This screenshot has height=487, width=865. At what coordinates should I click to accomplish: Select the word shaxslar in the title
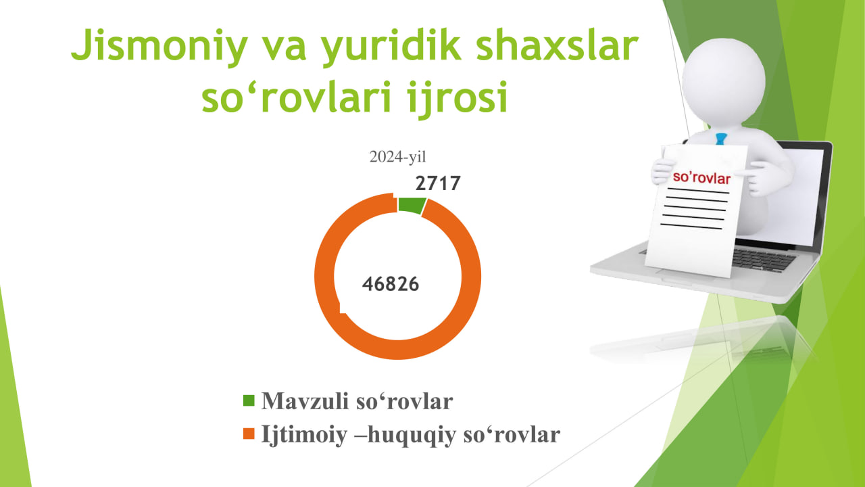pos(558,45)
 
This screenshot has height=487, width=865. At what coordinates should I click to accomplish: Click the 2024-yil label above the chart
pos(397,157)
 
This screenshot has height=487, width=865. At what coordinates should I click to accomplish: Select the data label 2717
pos(438,183)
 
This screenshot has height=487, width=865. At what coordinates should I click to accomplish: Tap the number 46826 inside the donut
pos(391,284)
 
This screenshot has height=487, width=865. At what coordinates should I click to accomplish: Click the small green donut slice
pos(412,205)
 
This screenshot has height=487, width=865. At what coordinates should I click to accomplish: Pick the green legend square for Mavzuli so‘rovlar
pos(249,400)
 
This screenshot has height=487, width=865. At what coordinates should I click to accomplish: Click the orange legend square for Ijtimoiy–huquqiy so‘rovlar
pos(249,434)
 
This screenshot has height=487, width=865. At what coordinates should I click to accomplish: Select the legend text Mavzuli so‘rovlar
pos(357,401)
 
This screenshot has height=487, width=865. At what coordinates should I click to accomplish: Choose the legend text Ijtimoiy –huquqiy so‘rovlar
pos(410,435)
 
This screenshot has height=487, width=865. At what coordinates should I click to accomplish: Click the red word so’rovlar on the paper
pos(701,178)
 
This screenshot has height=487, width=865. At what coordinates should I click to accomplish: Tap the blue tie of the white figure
pos(720,139)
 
